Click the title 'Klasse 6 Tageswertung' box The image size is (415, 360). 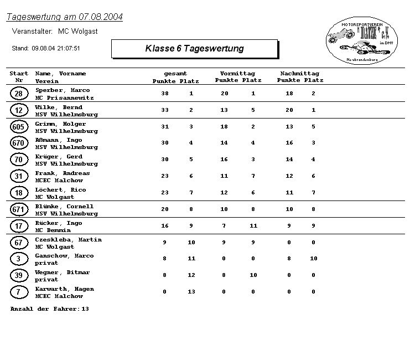(194, 49)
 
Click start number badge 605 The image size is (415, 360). (19, 127)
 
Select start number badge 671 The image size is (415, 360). (19, 210)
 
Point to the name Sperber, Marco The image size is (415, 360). (63, 90)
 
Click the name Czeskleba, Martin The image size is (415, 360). (69, 240)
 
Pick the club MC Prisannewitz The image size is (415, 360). (65, 97)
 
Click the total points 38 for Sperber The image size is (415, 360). (165, 94)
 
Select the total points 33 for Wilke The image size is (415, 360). (165, 110)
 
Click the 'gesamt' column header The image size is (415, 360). (175, 74)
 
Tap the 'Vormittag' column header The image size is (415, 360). (237, 74)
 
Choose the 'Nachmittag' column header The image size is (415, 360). (300, 74)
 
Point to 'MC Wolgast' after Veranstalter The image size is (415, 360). (78, 32)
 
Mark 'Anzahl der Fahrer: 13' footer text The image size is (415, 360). (50, 308)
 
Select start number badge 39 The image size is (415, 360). (19, 276)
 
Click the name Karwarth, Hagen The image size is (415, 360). (65, 289)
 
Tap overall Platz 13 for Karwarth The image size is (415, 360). (191, 292)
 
